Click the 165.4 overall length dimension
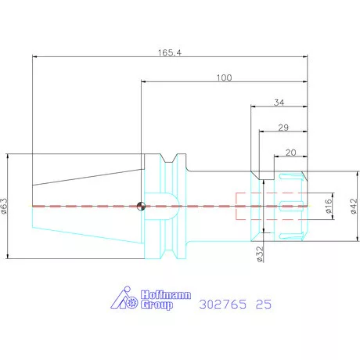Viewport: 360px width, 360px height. tap(170, 52)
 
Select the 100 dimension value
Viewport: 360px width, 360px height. tap(224, 77)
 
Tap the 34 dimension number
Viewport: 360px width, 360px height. tap(279, 103)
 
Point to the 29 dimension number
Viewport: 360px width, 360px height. tap(283, 128)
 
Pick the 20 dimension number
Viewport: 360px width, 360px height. tap(291, 153)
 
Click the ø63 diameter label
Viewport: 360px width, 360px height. tap(5, 206)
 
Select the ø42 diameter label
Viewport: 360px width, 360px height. tap(353, 206)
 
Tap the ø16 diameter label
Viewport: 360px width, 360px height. tap(329, 206)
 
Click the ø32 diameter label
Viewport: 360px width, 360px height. tap(260, 254)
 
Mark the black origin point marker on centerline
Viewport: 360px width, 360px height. tap(141, 206)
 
